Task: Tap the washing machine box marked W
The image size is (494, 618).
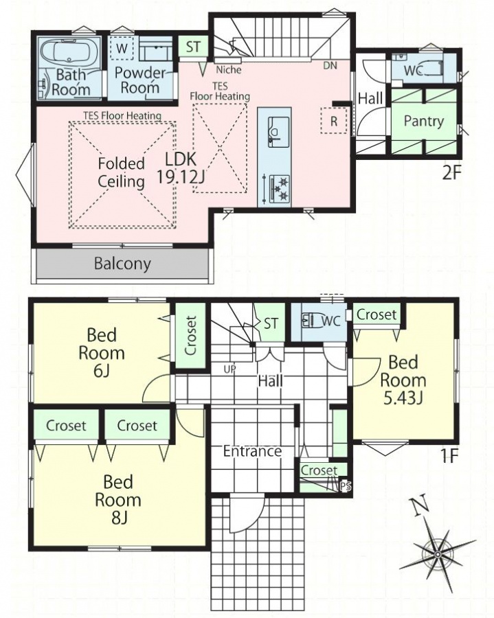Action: (122, 48)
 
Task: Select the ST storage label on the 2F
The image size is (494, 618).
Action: (193, 47)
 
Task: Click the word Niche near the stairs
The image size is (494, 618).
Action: (229, 70)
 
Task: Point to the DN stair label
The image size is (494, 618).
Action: (330, 65)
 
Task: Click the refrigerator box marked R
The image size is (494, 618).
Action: (333, 121)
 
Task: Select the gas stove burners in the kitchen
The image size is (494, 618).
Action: (279, 188)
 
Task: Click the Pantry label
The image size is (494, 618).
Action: (424, 122)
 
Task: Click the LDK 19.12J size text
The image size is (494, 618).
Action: (181, 169)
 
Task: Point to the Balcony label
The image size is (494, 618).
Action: (122, 264)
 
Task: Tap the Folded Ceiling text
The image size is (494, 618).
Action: (122, 172)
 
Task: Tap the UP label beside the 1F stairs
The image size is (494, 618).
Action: (230, 369)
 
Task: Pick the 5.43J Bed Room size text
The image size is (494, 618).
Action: (403, 398)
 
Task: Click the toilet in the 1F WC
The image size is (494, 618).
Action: (311, 321)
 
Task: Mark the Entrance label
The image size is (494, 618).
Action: (252, 451)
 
